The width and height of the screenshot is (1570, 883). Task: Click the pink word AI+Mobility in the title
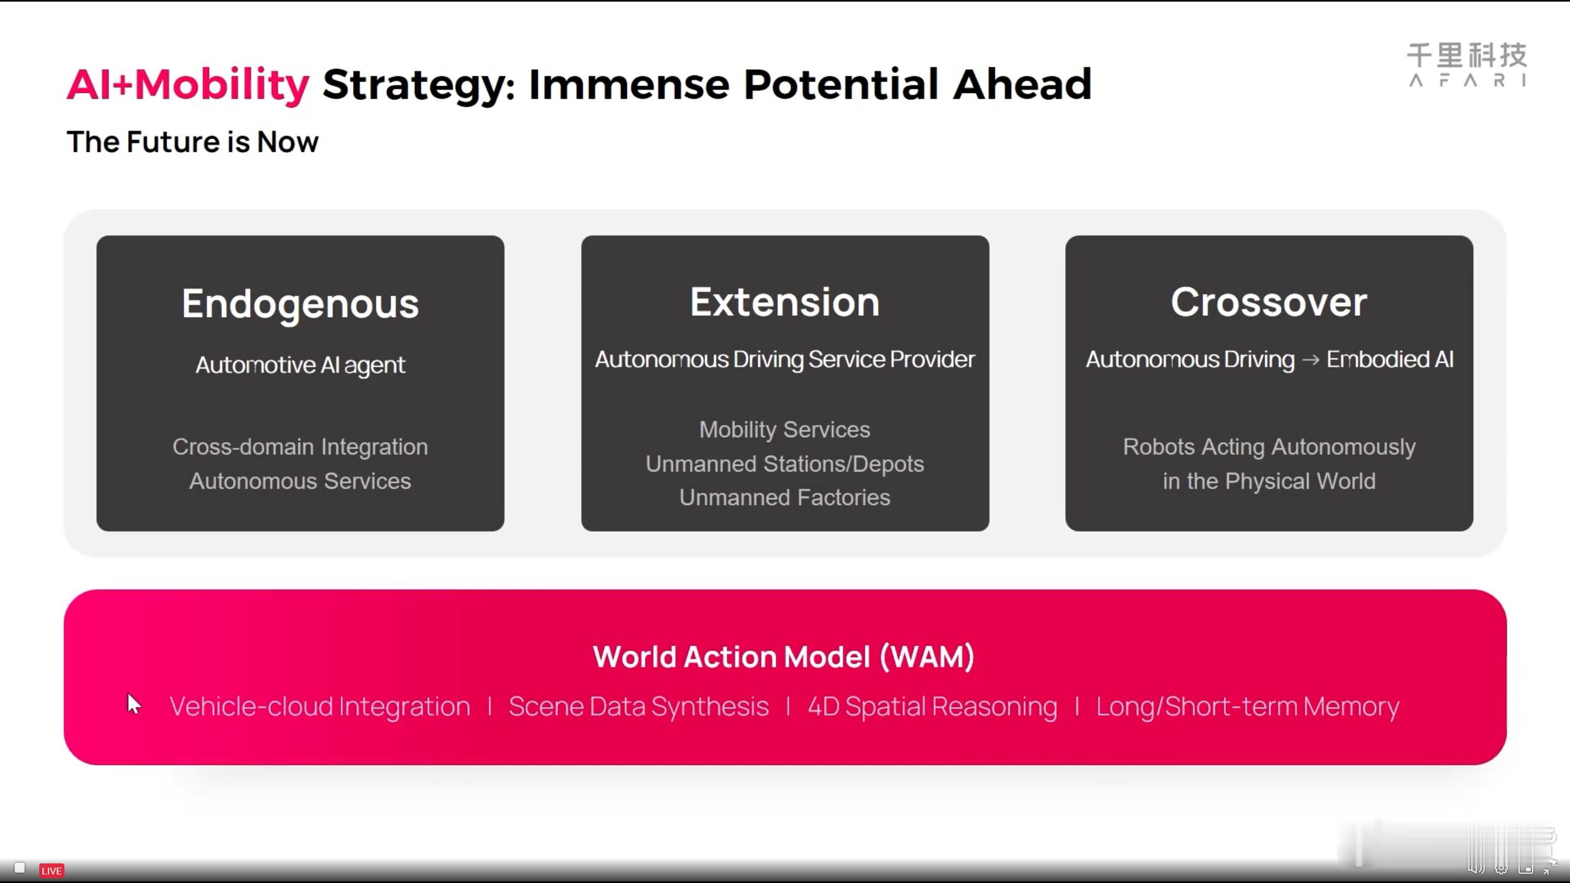[x=188, y=85]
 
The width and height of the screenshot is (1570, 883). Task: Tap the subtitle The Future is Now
[x=193, y=142]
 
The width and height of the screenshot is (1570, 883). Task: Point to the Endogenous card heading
[x=300, y=304]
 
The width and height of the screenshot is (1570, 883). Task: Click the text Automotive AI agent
[x=300, y=365]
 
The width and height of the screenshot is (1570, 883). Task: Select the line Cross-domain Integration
[x=300, y=446]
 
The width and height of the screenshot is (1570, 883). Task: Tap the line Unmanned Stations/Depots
[x=785, y=464]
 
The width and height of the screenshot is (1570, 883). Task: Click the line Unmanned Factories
[x=785, y=497]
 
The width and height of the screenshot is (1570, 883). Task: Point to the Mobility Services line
[x=785, y=430]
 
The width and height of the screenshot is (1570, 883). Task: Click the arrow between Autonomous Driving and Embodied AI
[x=1311, y=360]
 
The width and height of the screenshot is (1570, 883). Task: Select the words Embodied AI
[x=1390, y=359]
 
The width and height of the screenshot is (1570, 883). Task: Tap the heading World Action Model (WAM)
[x=784, y=657]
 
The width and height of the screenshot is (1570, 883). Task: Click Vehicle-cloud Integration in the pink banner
[x=320, y=706]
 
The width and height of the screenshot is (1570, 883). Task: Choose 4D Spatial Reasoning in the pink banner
[x=933, y=706]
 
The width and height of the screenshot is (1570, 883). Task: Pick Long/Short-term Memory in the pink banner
[x=1248, y=706]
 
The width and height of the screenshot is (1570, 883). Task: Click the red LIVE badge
[x=52, y=871]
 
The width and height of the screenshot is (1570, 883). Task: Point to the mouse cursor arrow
[x=134, y=704]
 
